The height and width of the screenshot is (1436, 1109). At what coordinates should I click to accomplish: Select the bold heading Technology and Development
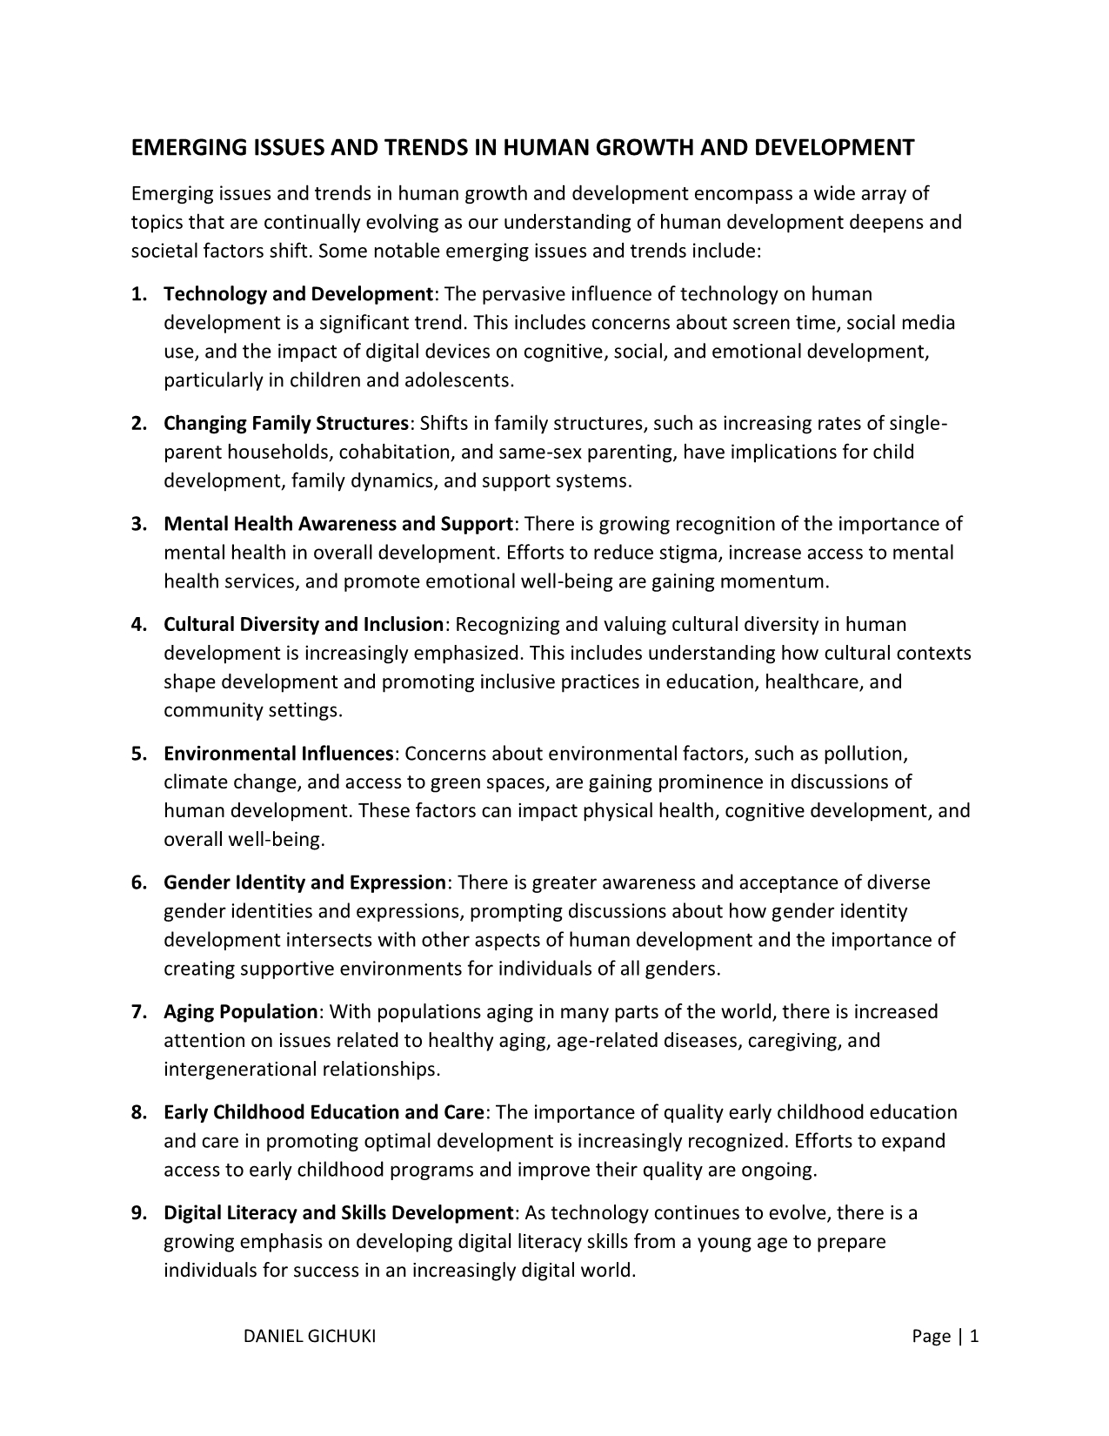tap(298, 294)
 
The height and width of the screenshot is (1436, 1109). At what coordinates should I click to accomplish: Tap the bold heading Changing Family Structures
tap(286, 424)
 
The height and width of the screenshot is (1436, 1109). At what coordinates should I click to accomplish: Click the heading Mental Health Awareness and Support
tap(338, 524)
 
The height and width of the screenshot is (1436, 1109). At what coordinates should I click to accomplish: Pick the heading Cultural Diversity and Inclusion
tap(304, 624)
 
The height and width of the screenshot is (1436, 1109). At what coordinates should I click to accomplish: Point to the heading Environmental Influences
tap(279, 754)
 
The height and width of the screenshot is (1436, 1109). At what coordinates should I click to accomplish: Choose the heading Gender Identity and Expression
tap(304, 882)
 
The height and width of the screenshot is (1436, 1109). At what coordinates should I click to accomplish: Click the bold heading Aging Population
tap(241, 1012)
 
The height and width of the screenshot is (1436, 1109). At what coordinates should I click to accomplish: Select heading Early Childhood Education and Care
tap(324, 1112)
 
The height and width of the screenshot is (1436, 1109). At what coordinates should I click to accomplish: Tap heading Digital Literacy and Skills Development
tap(339, 1212)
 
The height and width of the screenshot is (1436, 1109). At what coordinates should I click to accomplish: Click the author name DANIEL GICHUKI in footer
tap(310, 1337)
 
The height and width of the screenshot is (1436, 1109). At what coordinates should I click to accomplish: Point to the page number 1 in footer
tap(974, 1337)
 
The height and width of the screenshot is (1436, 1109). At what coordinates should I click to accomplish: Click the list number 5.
tap(137, 754)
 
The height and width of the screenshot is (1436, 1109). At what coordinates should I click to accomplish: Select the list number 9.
tap(137, 1212)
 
